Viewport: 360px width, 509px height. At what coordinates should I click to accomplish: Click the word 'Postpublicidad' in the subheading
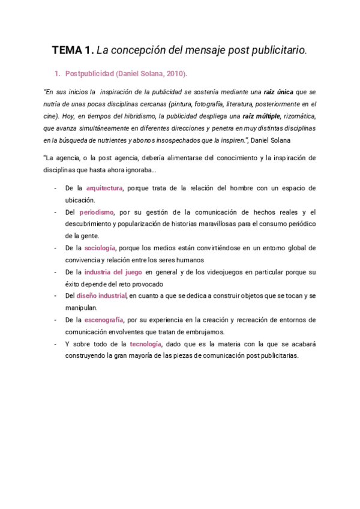pyautogui.click(x=89, y=74)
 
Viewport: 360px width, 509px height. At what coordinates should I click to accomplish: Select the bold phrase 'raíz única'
pyautogui.click(x=280, y=91)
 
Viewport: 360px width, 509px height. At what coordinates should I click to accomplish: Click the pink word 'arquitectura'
pyautogui.click(x=104, y=188)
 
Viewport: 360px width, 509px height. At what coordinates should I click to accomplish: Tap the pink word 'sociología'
pyautogui.click(x=100, y=247)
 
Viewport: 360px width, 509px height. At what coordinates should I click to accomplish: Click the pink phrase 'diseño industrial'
pyautogui.click(x=101, y=295)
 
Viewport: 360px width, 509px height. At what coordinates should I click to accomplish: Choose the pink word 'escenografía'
pyautogui.click(x=107, y=319)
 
